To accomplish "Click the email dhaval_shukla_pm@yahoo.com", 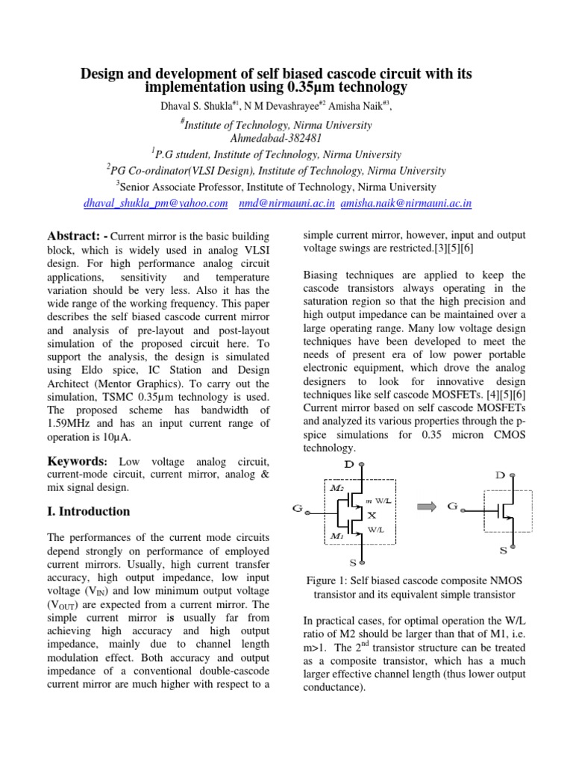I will [x=155, y=203].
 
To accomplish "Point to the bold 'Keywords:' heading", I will [x=79, y=463].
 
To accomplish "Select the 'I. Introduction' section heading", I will [x=88, y=512].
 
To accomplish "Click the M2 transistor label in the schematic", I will [x=336, y=487].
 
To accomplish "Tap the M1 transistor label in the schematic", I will [x=336, y=536].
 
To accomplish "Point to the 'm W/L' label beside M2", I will [x=378, y=500].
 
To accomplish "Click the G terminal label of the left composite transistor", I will [x=297, y=510].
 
